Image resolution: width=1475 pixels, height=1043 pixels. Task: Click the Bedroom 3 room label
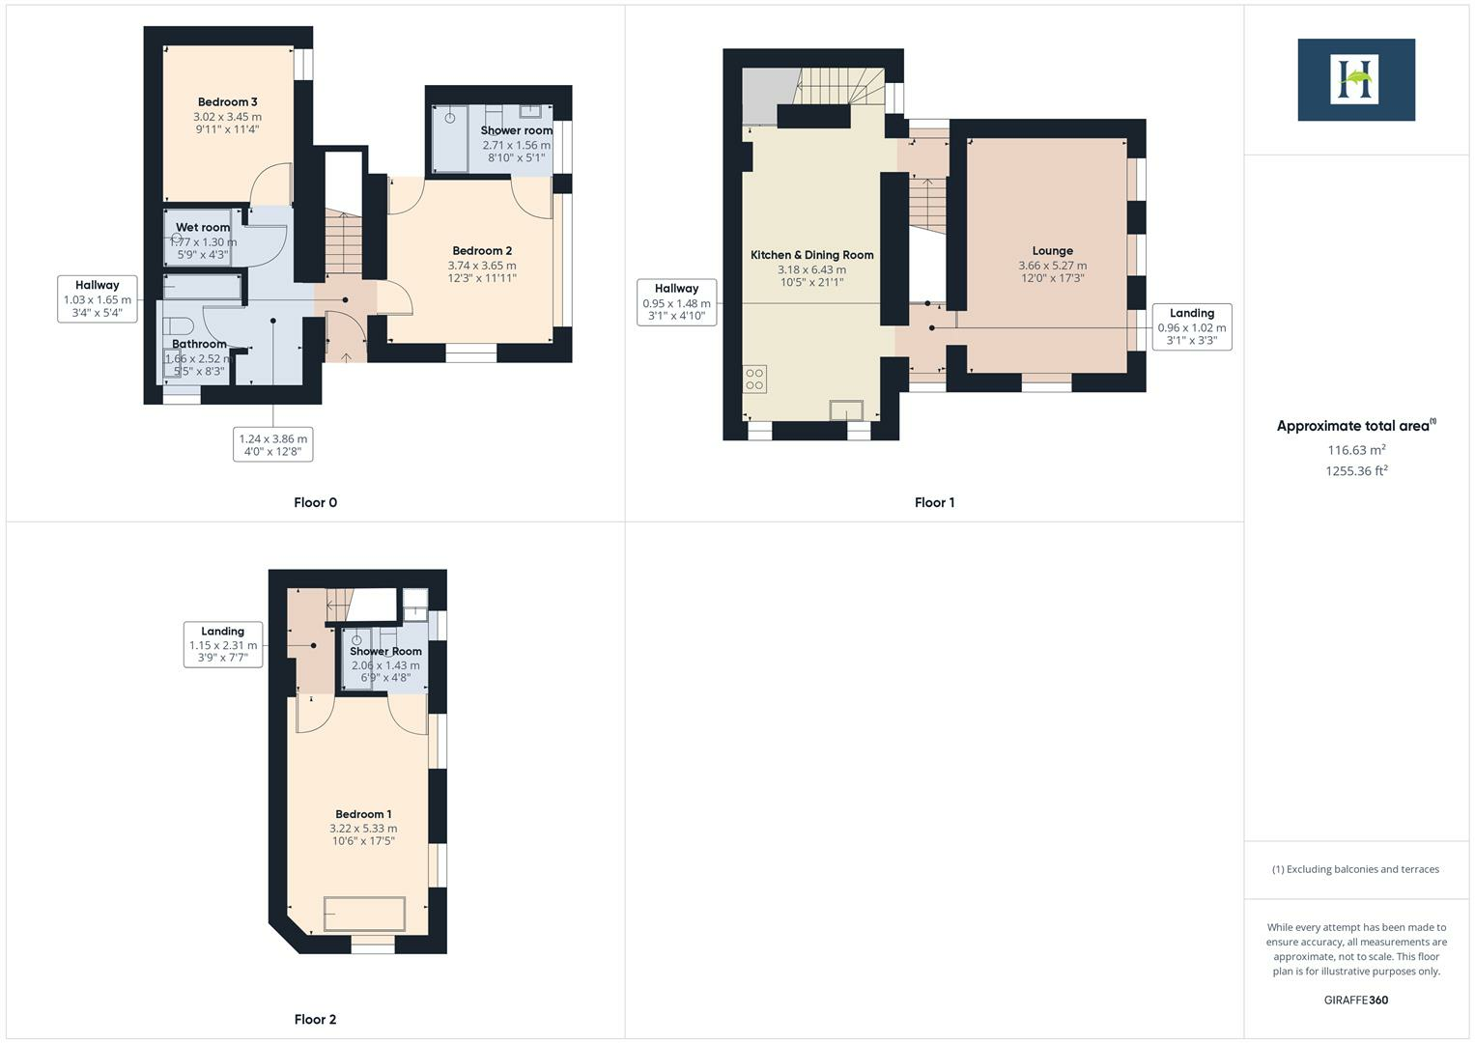(227, 102)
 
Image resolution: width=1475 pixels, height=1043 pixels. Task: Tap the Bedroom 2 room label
(482, 251)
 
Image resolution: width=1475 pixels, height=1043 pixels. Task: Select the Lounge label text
(1052, 251)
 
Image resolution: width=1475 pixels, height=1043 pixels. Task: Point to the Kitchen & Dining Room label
(811, 255)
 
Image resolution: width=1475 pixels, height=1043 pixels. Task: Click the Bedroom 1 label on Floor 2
(363, 814)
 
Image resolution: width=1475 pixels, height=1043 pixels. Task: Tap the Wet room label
(203, 228)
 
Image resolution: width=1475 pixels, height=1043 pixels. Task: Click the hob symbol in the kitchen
(755, 379)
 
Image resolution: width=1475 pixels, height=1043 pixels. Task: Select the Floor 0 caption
(315, 502)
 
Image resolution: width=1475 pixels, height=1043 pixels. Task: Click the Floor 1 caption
(934, 502)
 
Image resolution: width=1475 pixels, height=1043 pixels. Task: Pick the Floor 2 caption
(315, 1019)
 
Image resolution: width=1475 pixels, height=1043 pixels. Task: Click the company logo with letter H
(1355, 79)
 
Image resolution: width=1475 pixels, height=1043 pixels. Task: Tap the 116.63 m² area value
(1356, 450)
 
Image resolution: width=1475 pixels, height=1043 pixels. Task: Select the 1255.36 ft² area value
(1356, 471)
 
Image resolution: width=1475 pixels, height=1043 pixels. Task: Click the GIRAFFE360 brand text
(1355, 1000)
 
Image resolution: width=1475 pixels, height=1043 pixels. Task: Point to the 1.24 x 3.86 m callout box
(272, 444)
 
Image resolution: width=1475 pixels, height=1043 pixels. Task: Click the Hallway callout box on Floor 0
(97, 298)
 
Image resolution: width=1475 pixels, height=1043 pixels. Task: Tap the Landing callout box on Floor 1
(1191, 326)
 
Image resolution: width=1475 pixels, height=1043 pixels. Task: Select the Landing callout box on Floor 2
(222, 644)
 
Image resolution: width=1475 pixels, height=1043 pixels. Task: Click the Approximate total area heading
(1355, 426)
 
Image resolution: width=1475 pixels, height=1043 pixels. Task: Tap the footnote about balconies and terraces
(1355, 869)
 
